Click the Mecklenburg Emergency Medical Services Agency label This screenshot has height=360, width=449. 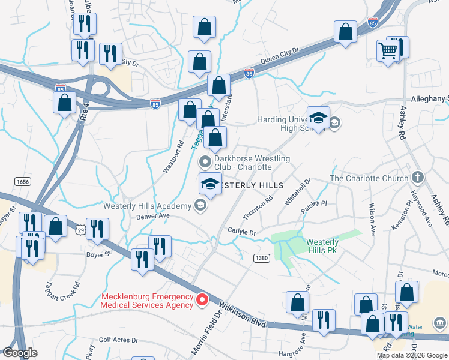pyautogui.click(x=146, y=301)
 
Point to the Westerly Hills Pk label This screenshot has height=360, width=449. pyautogui.click(x=322, y=246)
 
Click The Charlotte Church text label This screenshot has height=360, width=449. pyautogui.click(x=369, y=178)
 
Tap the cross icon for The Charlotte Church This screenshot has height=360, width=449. pyautogui.click(x=418, y=178)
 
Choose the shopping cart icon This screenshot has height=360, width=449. pyautogui.click(x=388, y=50)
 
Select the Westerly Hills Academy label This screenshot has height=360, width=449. pyautogui.click(x=147, y=205)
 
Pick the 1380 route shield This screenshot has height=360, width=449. pyautogui.click(x=261, y=258)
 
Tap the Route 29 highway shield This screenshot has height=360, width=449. pyautogui.click(x=80, y=230)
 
